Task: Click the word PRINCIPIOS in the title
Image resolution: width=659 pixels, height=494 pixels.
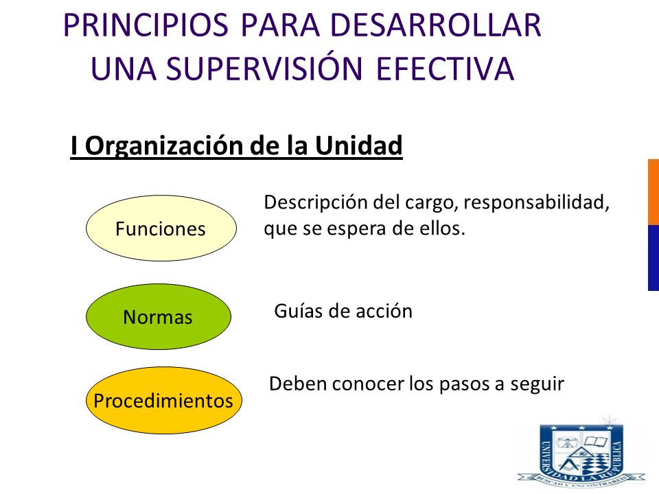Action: (146, 25)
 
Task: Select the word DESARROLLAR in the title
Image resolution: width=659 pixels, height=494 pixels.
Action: (436, 25)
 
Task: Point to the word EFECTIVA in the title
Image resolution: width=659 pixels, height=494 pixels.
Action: (445, 68)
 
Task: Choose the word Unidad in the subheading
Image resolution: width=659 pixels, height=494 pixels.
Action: (358, 145)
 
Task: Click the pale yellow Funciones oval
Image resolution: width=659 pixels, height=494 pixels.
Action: (161, 228)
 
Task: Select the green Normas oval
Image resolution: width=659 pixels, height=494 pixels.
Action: (159, 316)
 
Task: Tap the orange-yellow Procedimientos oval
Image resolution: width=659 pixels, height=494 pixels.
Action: (164, 400)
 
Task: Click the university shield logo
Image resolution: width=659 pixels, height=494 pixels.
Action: (581, 454)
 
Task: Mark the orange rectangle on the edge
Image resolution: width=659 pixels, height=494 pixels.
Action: (654, 192)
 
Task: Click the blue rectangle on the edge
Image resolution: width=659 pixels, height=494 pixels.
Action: (654, 257)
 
